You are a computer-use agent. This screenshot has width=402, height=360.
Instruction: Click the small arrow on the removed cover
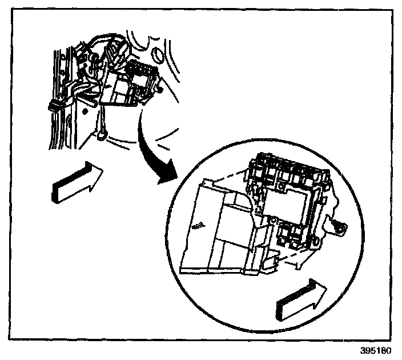[x=198, y=225]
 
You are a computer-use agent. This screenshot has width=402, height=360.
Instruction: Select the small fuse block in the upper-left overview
[x=131, y=83]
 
